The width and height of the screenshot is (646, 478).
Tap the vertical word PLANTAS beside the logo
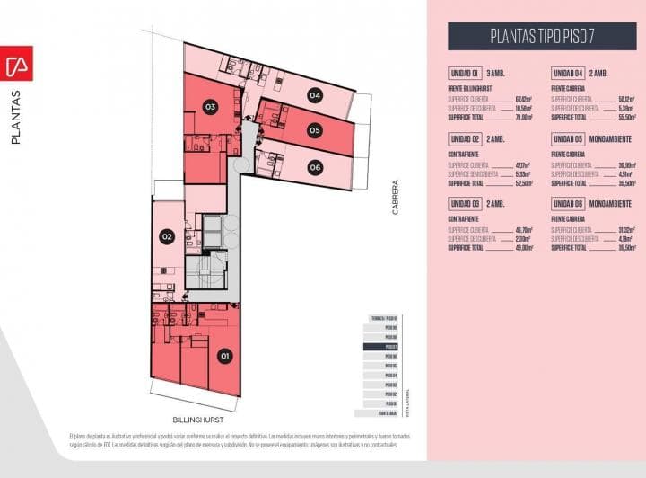coord(16,117)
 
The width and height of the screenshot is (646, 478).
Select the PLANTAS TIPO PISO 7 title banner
coord(541,36)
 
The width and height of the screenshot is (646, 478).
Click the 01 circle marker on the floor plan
coord(225,357)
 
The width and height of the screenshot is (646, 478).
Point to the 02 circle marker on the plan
coord(167,237)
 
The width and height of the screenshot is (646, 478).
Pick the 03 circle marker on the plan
coord(210,107)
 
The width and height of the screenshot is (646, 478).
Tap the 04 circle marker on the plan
coord(314,94)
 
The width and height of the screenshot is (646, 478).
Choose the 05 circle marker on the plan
coord(314,130)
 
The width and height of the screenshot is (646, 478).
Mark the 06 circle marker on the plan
coord(314,167)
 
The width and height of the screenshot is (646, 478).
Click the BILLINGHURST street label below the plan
coord(198,420)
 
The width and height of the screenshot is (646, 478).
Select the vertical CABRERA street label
coord(394,199)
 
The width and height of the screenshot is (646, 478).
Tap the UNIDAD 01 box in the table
coord(466,73)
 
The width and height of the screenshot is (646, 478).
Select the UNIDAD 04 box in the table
coord(569,73)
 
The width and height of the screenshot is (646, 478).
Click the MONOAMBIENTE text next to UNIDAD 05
coord(613,138)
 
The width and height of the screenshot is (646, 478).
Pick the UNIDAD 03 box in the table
coord(466,204)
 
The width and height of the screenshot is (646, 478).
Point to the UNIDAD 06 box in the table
coord(569,204)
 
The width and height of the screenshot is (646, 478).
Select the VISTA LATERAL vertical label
coord(407,403)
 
